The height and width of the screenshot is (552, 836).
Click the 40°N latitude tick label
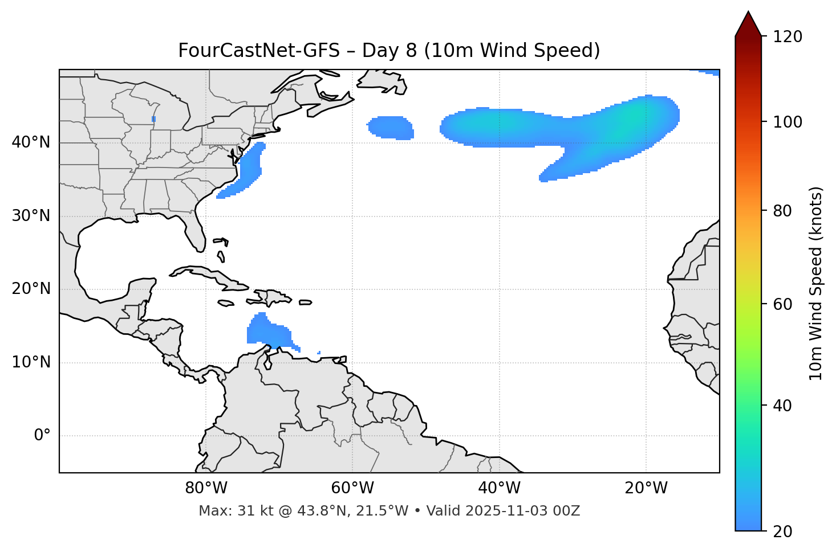(x=31, y=142)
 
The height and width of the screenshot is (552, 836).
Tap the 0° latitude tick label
(x=42, y=436)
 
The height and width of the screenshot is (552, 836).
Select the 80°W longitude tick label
(x=206, y=488)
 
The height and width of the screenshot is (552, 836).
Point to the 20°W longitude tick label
(x=646, y=488)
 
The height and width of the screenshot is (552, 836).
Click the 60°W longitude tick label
(x=352, y=488)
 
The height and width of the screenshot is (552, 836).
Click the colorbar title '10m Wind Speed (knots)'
(x=816, y=283)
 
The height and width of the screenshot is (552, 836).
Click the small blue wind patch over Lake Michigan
(x=154, y=118)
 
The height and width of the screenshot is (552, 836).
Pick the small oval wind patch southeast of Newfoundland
(x=391, y=127)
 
